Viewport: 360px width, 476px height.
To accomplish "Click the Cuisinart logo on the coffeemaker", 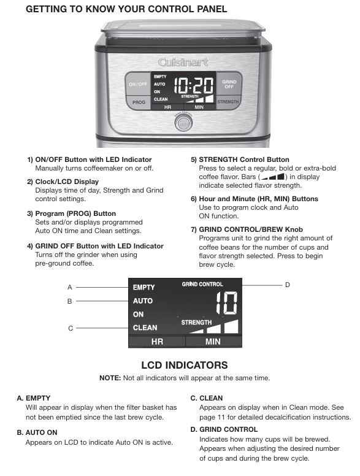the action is click(183, 62).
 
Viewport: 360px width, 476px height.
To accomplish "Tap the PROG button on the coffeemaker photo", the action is click(139, 102).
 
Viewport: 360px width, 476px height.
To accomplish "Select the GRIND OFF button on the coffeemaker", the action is click(229, 84).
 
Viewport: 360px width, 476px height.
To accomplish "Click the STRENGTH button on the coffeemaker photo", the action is click(228, 102).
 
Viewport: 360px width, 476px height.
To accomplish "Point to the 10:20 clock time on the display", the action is click(194, 85).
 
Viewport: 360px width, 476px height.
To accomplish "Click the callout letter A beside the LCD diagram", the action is click(70, 287).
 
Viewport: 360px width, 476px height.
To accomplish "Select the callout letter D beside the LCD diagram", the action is click(287, 285).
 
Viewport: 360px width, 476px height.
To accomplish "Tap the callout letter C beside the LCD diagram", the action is click(71, 328).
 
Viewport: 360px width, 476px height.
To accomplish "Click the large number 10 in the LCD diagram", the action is click(227, 303).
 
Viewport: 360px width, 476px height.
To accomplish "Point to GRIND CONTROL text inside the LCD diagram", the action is click(202, 284).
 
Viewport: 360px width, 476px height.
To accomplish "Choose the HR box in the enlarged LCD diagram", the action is click(157, 342).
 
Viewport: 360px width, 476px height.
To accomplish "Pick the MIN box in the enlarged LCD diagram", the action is click(213, 342).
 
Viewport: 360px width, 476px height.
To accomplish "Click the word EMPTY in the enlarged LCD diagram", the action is click(144, 287).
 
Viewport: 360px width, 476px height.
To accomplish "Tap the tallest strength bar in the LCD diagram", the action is click(231, 327).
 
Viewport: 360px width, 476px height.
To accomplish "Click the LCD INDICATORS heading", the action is click(184, 365).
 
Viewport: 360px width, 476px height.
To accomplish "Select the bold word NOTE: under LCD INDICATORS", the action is click(110, 378).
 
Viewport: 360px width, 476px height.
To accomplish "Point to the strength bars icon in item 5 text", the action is click(272, 177).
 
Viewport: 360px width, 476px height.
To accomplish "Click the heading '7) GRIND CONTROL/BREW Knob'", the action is click(247, 229).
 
